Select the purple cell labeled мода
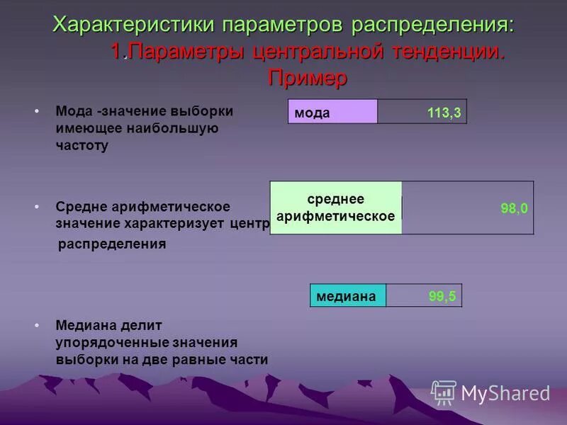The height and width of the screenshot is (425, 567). click(x=332, y=113)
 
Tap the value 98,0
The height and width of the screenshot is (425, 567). click(x=514, y=208)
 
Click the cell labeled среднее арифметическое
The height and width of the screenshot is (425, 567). click(x=335, y=208)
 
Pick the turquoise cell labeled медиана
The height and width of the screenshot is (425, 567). click(x=347, y=297)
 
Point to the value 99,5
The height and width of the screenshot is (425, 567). click(x=442, y=297)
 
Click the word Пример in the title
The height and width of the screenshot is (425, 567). click(x=308, y=78)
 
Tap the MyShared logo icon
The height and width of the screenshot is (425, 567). click(x=444, y=392)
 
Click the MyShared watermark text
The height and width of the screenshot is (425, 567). click(x=505, y=393)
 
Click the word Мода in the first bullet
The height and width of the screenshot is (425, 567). click(x=74, y=111)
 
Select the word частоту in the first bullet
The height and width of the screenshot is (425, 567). click(x=82, y=147)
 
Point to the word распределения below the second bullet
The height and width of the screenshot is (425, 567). click(x=111, y=244)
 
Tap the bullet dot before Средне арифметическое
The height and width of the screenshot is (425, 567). click(x=37, y=207)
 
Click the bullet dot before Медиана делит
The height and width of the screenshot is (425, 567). click(x=37, y=325)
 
